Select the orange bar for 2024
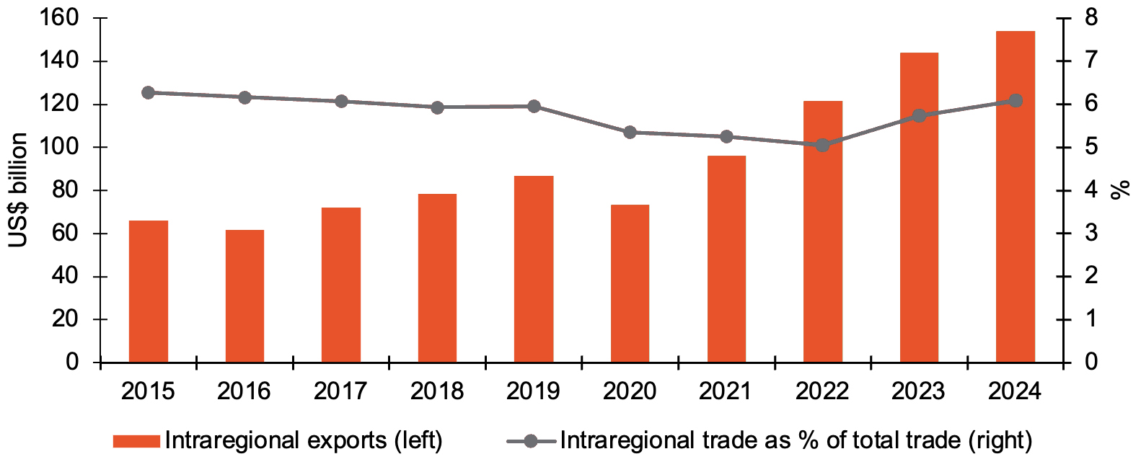point(1015,196)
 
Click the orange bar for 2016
point(244,295)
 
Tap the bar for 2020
point(630,283)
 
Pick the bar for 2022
point(822,231)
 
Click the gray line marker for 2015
point(149,92)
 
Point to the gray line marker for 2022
point(822,146)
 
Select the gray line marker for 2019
point(534,107)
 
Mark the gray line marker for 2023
point(919,115)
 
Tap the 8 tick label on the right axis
point(1090,17)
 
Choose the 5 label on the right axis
point(1090,147)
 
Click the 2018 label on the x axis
point(437,391)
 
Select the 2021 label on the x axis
point(726,391)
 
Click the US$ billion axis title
point(18,190)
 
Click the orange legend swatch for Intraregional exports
point(136,441)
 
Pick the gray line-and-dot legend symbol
point(531,441)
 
